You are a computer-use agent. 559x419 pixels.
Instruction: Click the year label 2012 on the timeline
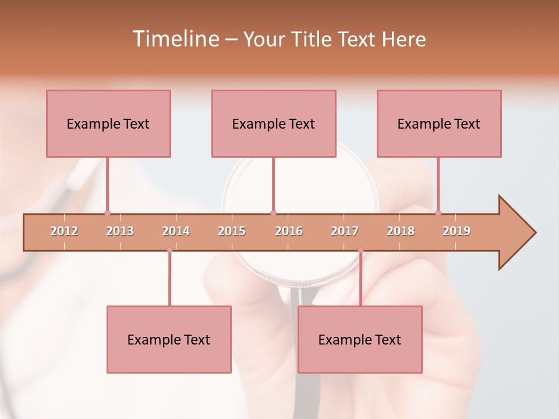pyautogui.click(x=64, y=231)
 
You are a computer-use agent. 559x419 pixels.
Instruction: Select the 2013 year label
pyautogui.click(x=120, y=231)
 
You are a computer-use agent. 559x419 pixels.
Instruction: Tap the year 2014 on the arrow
pyautogui.click(x=176, y=231)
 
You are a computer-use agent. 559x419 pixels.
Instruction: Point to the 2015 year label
pyautogui.click(x=232, y=231)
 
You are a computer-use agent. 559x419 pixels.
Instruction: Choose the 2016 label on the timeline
pyautogui.click(x=289, y=231)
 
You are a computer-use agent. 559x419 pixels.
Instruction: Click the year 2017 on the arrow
pyautogui.click(x=345, y=231)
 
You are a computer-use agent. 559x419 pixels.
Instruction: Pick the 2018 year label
pyautogui.click(x=401, y=231)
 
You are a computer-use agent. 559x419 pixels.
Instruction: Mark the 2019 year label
pyautogui.click(x=457, y=231)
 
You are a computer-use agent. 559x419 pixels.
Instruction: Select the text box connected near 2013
pyautogui.click(x=108, y=123)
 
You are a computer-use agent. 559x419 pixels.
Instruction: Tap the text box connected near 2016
pyautogui.click(x=274, y=123)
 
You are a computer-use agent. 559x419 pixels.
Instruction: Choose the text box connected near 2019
pyautogui.click(x=439, y=123)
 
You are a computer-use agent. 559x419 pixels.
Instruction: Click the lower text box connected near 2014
pyautogui.click(x=169, y=339)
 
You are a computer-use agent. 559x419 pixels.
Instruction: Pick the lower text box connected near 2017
pyautogui.click(x=360, y=339)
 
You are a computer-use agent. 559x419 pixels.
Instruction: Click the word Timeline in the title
pyautogui.click(x=174, y=39)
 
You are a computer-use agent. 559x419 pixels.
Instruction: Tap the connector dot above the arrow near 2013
pyautogui.click(x=107, y=213)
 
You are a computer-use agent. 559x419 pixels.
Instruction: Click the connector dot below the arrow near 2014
pyautogui.click(x=169, y=250)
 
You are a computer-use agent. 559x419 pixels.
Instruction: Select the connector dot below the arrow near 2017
pyautogui.click(x=360, y=250)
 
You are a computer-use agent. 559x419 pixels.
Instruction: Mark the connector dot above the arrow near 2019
pyautogui.click(x=438, y=213)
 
